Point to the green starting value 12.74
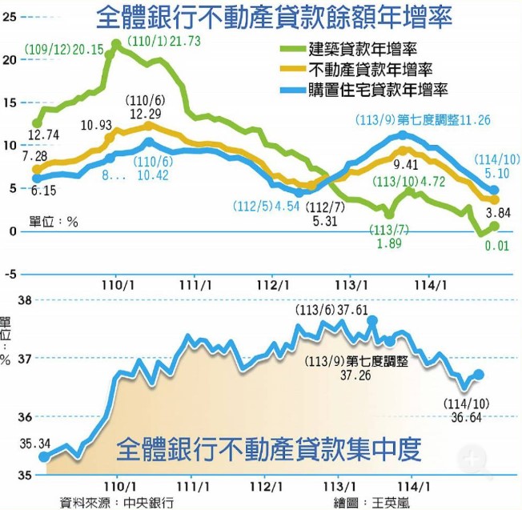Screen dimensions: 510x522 [43, 135]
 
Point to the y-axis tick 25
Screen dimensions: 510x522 [10, 16]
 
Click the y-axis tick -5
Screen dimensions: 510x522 [10, 274]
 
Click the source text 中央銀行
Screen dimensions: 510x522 [149, 503]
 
